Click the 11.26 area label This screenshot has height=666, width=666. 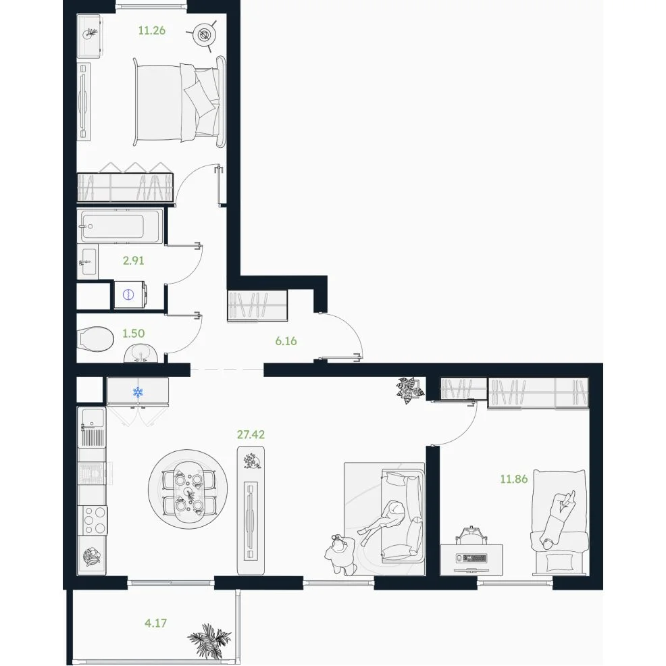[x=151, y=30]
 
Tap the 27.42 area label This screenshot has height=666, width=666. [x=251, y=434]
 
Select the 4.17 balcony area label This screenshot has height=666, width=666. [x=155, y=623]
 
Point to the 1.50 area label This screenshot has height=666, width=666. [x=133, y=334]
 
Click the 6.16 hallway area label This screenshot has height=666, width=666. [x=286, y=340]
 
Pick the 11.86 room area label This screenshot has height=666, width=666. [x=513, y=479]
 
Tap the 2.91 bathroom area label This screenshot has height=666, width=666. [x=133, y=260]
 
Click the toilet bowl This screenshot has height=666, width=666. [x=97, y=339]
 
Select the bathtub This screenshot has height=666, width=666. [x=120, y=226]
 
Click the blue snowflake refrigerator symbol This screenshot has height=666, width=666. [x=138, y=392]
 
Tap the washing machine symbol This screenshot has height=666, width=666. [x=129, y=294]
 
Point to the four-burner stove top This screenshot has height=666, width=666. [x=95, y=520]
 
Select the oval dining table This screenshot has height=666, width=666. [x=187, y=492]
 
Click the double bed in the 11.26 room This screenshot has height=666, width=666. [x=179, y=102]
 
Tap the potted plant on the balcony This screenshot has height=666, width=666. [x=209, y=640]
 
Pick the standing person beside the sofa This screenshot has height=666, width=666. [x=340, y=555]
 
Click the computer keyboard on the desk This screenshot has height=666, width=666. [x=471, y=558]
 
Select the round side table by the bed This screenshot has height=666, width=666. [x=205, y=35]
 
